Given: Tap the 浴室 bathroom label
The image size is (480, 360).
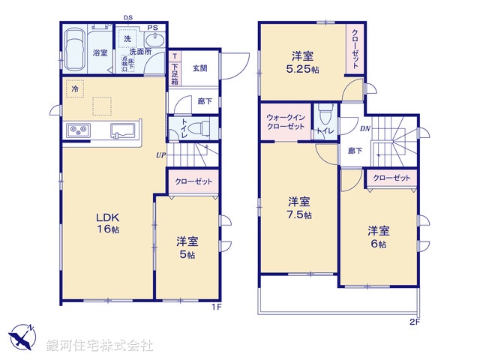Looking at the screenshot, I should (100, 52).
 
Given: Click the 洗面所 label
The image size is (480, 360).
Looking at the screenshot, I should (139, 51).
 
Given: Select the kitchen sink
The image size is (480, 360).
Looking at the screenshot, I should (121, 131).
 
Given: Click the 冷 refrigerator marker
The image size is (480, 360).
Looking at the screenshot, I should (75, 88).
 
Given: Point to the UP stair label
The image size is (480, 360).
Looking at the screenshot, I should (160, 155).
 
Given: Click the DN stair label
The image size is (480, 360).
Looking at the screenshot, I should (365, 128).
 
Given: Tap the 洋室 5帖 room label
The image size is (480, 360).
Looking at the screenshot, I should (187, 247).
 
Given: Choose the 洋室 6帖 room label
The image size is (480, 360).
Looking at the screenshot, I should (378, 236).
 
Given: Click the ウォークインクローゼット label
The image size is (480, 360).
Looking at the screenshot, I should (286, 122).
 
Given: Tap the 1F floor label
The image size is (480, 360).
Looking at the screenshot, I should (215, 307).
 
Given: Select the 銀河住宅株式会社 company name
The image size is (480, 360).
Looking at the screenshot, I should (99, 345).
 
